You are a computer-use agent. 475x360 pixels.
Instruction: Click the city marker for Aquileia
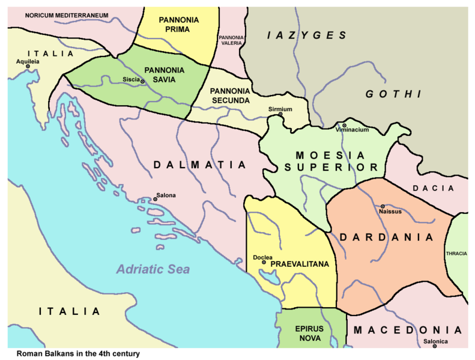(27, 66)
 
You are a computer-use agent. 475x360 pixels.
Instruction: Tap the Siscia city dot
(142, 81)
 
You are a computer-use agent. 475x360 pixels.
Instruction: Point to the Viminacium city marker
(344, 125)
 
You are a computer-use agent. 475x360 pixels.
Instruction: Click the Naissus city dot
(383, 206)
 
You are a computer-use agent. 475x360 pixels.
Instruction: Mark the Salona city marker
(155, 199)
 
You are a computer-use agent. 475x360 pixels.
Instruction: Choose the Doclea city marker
(259, 263)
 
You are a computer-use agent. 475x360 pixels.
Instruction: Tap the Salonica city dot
(434, 346)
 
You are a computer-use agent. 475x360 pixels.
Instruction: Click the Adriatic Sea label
(153, 269)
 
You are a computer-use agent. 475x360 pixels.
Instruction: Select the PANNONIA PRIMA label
(179, 25)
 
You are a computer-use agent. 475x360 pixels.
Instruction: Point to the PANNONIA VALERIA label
(231, 40)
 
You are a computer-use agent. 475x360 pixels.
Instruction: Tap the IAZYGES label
(307, 35)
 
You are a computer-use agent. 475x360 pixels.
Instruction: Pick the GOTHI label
(393, 94)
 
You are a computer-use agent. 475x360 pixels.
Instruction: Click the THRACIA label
(456, 254)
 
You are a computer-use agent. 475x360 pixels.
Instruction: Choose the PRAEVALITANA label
(298, 264)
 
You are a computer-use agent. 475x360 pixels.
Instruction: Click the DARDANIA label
(386, 237)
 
